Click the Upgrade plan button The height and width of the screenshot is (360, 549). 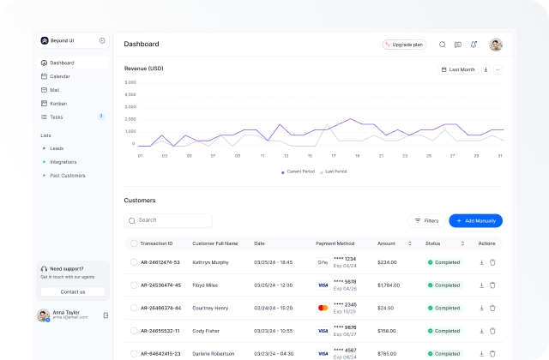pos(404,45)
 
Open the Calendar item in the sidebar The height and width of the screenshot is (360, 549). pos(60,76)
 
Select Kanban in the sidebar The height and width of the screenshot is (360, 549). pos(58,103)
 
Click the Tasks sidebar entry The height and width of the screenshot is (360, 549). pos(57,117)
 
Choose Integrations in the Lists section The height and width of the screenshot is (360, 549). pos(63,161)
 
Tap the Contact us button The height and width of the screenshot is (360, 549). pos(73,291)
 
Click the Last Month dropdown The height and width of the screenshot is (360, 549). pos(458,69)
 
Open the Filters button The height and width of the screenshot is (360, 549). pos(425,220)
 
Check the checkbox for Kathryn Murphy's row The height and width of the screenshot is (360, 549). pos(134,262)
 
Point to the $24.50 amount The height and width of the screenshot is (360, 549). pos(386,307)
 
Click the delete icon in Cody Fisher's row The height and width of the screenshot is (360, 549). pos(492,330)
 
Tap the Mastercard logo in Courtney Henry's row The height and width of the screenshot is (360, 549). pos(323,307)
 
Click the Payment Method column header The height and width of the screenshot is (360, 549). pos(335,243)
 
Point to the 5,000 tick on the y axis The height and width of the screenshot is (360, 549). pos(130,82)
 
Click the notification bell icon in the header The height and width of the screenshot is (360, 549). pos(474,45)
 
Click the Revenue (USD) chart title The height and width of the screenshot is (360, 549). pos(143,69)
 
